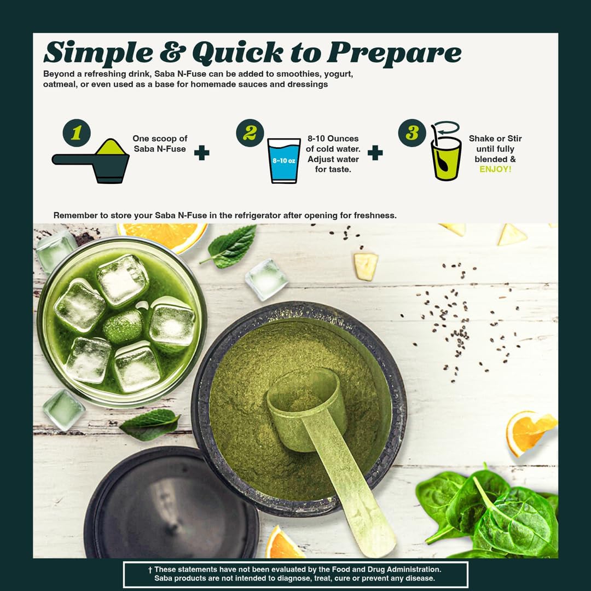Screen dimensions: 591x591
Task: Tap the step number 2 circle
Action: [250, 134]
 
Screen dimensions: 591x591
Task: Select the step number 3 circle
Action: [411, 134]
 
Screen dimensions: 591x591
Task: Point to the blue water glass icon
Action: [284, 160]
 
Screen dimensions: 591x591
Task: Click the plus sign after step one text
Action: [202, 153]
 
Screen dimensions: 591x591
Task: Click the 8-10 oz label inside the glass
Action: [284, 161]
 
